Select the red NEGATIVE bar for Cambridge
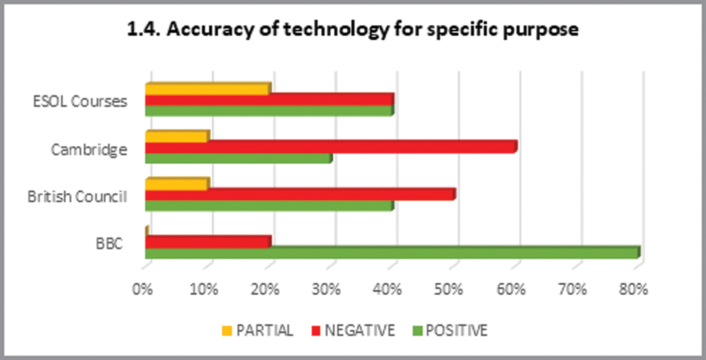click(331, 147)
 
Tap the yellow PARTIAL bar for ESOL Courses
click(207, 90)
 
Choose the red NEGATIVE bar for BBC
click(208, 242)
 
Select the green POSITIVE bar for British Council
click(269, 206)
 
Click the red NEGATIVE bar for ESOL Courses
click(269, 100)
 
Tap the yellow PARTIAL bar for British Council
click(177, 184)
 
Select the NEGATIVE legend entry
click(354, 330)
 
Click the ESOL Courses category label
click(80, 102)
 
